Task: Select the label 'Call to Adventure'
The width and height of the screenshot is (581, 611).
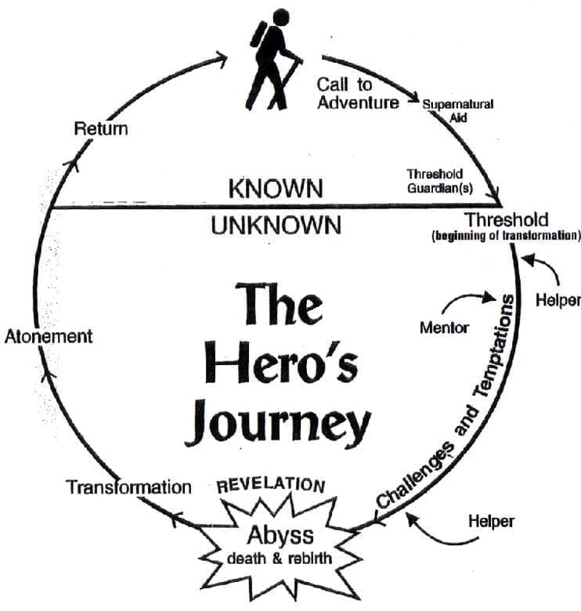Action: pos(357,92)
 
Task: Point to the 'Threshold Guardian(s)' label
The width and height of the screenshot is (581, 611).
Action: pos(435,179)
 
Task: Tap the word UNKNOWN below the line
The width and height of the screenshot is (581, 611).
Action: pos(276,226)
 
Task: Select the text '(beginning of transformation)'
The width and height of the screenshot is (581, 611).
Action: pos(505,236)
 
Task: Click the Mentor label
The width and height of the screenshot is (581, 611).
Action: pos(444,327)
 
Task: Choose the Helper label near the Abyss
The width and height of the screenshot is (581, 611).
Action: pos(491,519)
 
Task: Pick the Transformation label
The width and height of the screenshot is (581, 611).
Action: pos(128,487)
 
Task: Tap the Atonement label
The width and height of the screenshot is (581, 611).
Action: pos(49,336)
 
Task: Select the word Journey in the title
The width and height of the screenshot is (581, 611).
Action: pos(278,423)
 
